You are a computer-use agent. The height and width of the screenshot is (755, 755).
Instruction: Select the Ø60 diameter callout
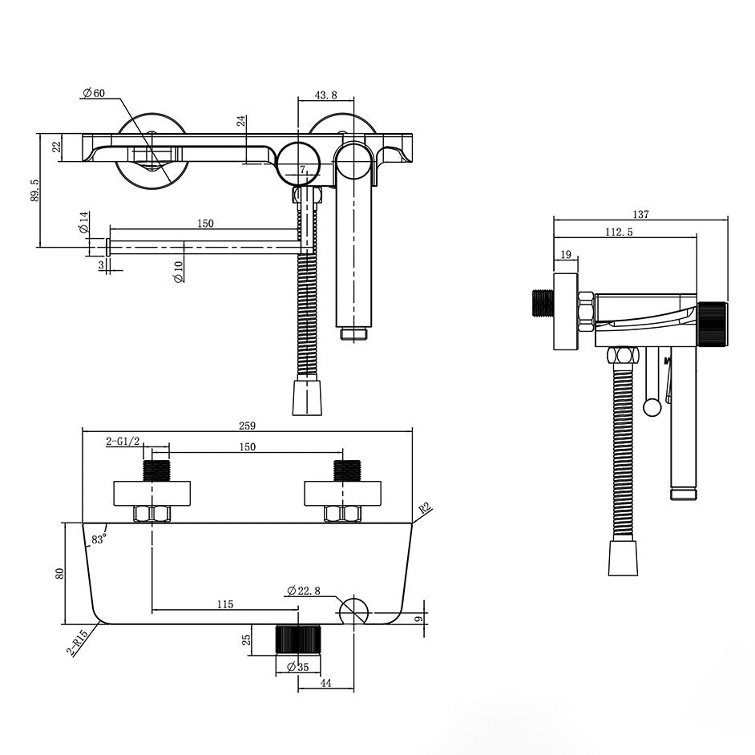94,94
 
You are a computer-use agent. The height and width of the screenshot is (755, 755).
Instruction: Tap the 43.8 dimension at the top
325,95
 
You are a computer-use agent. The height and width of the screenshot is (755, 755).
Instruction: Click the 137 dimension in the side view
640,214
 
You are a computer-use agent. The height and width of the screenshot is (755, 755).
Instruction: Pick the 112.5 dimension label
618,232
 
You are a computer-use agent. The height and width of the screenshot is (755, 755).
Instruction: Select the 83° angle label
99,539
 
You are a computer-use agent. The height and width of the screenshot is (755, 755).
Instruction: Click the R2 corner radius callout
426,507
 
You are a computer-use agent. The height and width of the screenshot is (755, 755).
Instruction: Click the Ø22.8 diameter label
304,591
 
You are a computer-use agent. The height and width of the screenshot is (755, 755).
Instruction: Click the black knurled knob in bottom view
298,638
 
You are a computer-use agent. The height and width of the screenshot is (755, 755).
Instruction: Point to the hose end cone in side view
622,558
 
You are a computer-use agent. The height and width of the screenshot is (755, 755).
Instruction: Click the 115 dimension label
225,604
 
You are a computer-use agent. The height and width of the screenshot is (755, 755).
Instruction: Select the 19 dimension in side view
566,255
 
